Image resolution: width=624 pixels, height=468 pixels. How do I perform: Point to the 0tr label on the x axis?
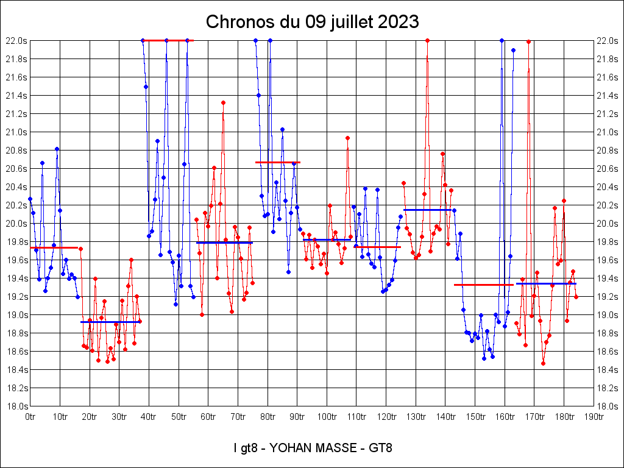point(30,417)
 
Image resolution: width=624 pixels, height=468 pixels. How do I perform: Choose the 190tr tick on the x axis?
point(594,417)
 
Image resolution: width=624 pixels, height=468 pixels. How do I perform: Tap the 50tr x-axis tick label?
point(179,417)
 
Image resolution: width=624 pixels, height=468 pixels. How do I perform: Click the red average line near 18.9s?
point(110,322)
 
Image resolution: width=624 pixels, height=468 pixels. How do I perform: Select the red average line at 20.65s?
point(277,162)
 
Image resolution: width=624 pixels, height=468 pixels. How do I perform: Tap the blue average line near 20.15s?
point(427,210)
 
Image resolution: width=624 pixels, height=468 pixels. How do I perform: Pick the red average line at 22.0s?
point(168,40)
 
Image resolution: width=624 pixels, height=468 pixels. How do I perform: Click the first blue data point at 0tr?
point(30,199)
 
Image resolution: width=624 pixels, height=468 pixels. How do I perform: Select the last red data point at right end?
point(576,297)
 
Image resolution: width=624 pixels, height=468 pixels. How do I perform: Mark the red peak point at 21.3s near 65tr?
point(223,102)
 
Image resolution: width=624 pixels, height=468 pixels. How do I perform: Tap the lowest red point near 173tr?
point(543,363)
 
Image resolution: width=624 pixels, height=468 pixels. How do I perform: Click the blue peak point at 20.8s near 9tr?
point(57,149)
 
